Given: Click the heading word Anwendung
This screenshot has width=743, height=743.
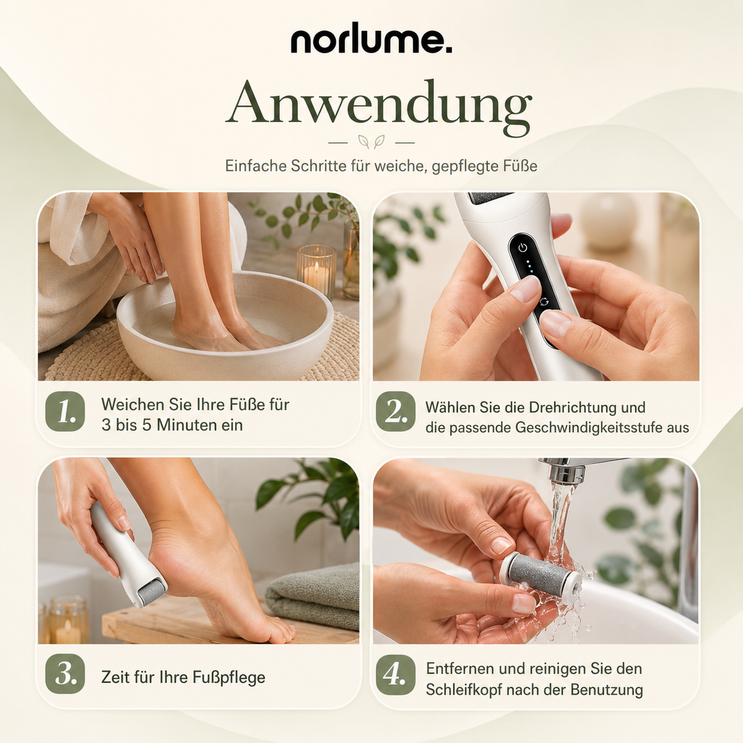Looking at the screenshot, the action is [x=379, y=105].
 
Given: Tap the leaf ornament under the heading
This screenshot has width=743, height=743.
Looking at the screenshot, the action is [x=371, y=142].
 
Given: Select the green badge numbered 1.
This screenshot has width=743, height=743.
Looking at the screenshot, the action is [x=65, y=411].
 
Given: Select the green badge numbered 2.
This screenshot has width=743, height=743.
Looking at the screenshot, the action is [x=396, y=411].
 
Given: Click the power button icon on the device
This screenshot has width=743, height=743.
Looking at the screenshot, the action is [x=523, y=248].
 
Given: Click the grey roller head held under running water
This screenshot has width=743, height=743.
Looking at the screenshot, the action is [x=539, y=573].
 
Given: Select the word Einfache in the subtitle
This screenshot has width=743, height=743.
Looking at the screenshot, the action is [x=256, y=166].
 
